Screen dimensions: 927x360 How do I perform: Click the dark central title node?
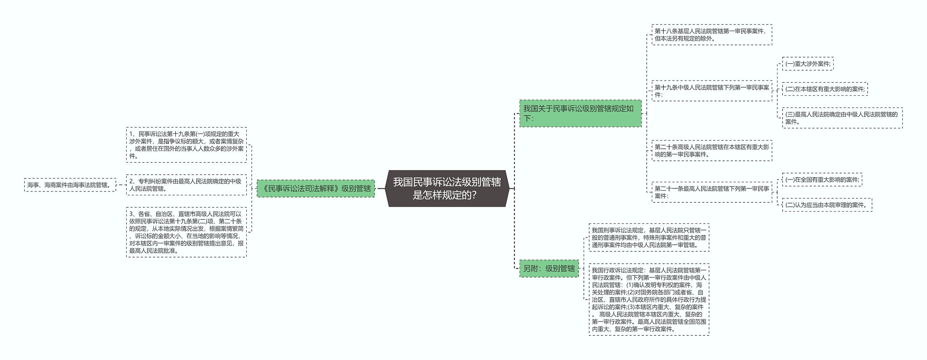pyautogui.click(x=447, y=188)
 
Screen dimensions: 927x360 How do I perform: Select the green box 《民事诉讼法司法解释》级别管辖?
pyautogui.click(x=316, y=188)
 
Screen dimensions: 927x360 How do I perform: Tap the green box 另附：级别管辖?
pyautogui.click(x=549, y=268)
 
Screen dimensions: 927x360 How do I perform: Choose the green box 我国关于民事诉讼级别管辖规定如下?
pyautogui.click(x=580, y=113)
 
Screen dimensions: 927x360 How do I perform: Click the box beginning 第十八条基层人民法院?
pyautogui.click(x=712, y=35)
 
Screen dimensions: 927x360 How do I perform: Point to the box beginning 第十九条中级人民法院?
pyautogui.click(x=712, y=91)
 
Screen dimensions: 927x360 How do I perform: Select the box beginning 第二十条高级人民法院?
pyautogui.click(x=712, y=151)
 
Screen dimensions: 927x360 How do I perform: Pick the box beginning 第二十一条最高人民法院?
pyautogui.click(x=712, y=192)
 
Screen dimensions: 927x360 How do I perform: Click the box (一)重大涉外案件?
pyautogui.click(x=808, y=64)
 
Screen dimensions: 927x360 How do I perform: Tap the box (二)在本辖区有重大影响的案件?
pyautogui.click(x=825, y=89)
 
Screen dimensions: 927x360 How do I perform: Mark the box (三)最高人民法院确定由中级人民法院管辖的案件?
pyautogui.click(x=842, y=118)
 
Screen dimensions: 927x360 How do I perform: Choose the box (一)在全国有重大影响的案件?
pyautogui.click(x=822, y=180)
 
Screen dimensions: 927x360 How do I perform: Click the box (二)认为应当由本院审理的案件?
pyautogui.click(x=827, y=205)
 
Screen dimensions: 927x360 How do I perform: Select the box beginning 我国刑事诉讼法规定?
pyautogui.click(x=649, y=238)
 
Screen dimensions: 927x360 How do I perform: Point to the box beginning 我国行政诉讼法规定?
pyautogui.click(x=649, y=300)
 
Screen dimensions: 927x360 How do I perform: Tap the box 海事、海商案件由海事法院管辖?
pyautogui.click(x=70, y=185)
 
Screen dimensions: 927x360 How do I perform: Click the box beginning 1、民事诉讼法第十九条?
pyautogui.click(x=186, y=145)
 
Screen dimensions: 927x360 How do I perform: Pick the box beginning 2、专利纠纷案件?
pyautogui.click(x=186, y=185)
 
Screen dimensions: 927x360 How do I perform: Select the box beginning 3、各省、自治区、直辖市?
pyautogui.click(x=186, y=232)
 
